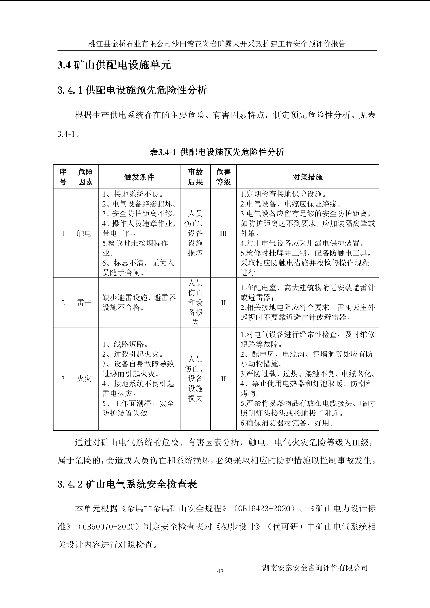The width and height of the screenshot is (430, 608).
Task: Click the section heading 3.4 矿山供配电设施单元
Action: [x=114, y=65]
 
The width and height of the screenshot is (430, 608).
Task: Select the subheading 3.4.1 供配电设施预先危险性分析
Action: [x=132, y=90]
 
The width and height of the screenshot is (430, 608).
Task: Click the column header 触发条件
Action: [x=139, y=177]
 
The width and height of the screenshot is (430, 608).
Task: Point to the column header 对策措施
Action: [x=307, y=177]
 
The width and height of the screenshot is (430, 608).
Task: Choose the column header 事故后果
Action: [x=195, y=177]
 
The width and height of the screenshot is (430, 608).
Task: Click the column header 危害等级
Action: [x=223, y=177]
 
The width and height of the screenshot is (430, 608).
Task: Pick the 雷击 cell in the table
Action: [x=84, y=303]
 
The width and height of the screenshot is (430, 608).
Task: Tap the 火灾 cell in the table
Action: [x=84, y=379]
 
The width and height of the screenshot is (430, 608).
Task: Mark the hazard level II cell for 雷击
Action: [x=223, y=303]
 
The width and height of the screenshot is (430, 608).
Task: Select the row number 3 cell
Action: [x=63, y=379]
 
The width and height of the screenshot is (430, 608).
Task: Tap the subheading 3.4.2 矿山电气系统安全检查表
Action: [x=127, y=484]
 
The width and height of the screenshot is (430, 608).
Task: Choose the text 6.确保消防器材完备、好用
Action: [x=287, y=423]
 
